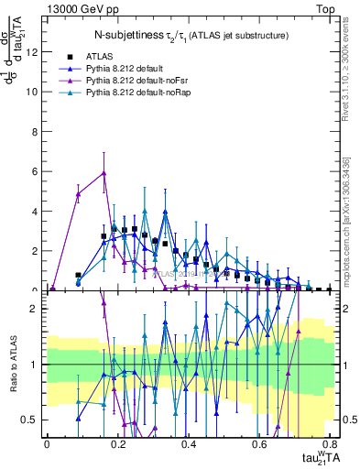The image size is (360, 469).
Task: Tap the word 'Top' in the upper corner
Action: (x=324, y=8)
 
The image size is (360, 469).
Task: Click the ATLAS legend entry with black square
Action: (x=111, y=56)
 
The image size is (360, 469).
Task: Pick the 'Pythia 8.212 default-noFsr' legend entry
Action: (x=134, y=81)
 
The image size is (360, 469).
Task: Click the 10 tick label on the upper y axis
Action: (x=32, y=92)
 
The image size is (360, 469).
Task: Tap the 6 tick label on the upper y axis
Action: (x=35, y=171)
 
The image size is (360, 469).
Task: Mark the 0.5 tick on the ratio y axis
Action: (x=30, y=420)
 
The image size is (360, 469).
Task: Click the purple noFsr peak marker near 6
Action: (x=104, y=172)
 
